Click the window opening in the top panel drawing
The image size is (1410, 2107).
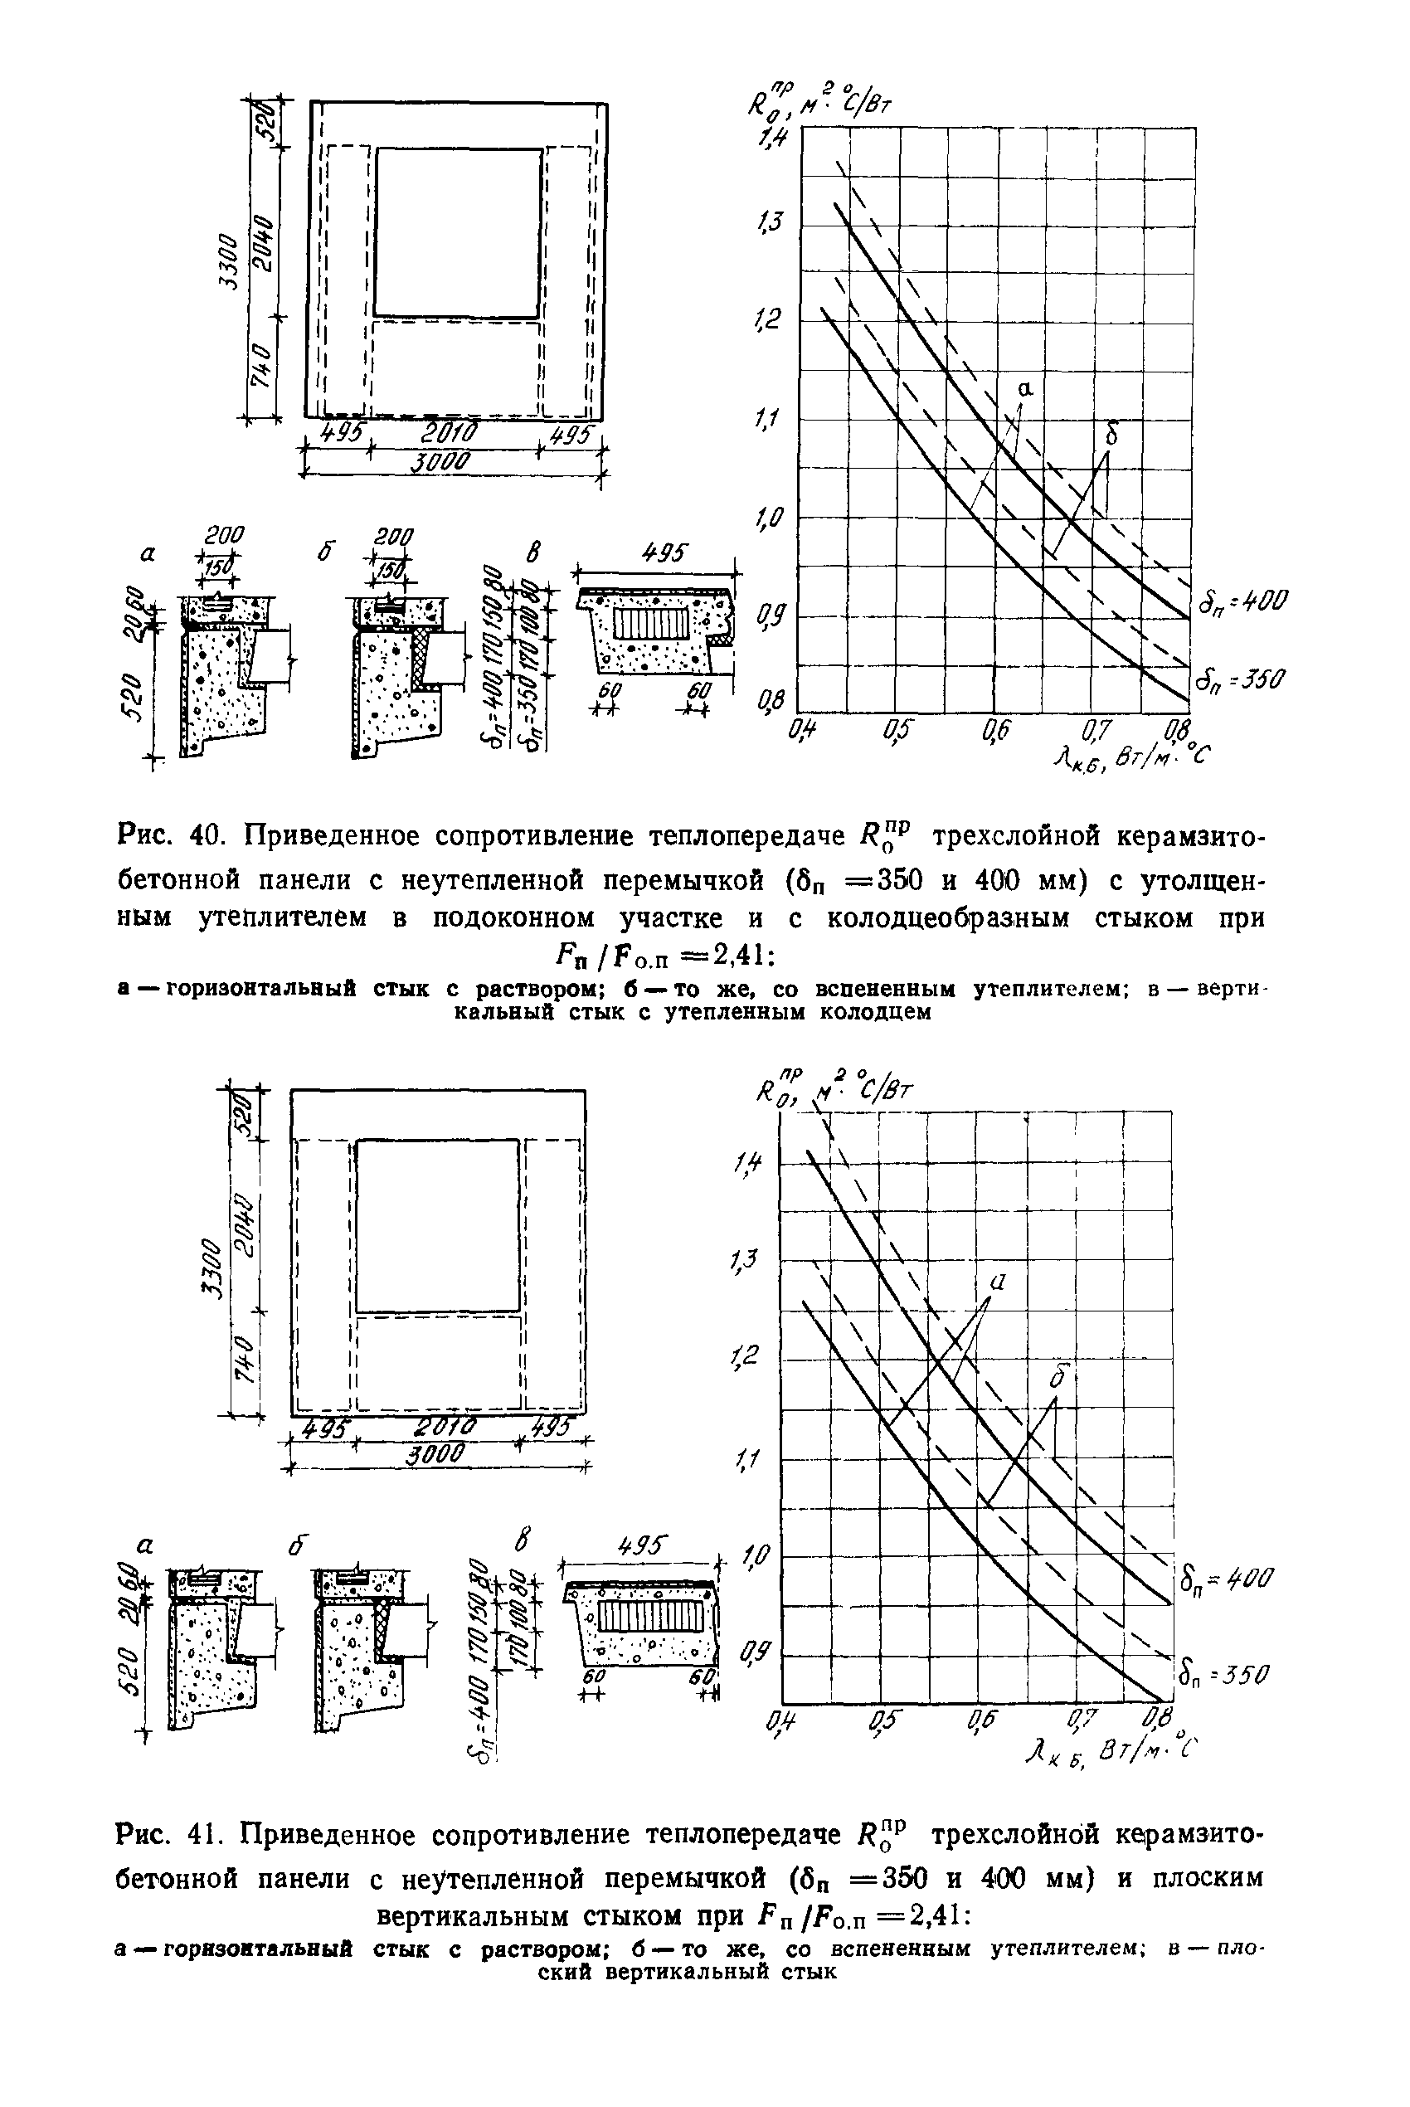tap(458, 233)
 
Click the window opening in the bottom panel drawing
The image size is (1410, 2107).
tap(437, 1225)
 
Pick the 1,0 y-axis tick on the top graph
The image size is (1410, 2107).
tap(771, 518)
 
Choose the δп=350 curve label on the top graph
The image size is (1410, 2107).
tap(1240, 678)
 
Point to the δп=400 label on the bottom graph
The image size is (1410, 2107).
tap(1225, 1576)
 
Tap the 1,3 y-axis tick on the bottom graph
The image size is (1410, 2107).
tap(745, 1262)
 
